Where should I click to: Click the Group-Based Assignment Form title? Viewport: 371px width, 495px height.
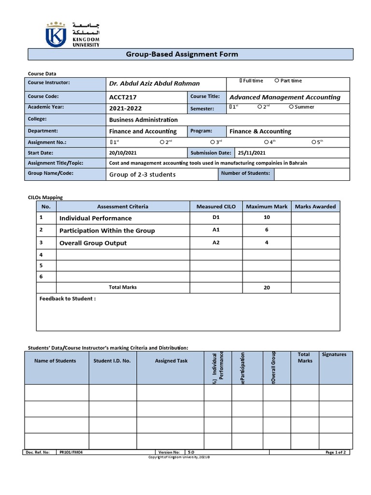[182, 54]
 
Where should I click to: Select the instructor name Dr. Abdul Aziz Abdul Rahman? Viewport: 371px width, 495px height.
[154, 83]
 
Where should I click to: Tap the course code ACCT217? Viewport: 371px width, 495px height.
[123, 97]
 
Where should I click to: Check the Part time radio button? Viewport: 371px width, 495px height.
[277, 81]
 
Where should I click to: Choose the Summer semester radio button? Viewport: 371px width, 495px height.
[291, 107]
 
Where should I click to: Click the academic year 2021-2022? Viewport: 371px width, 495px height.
[126, 109]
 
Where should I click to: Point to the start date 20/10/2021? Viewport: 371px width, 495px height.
[124, 153]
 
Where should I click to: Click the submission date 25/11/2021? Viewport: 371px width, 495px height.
[252, 153]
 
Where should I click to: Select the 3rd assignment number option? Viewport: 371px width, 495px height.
[213, 142]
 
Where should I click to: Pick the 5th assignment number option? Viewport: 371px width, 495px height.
[314, 142]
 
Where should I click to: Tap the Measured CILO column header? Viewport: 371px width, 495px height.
[216, 206]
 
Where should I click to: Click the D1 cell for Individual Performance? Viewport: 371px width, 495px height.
[216, 218]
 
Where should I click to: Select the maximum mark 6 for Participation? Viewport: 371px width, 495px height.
[267, 231]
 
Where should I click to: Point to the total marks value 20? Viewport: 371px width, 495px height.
[267, 288]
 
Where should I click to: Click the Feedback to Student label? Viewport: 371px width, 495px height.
[67, 299]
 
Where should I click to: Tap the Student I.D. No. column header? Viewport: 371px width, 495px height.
[113, 361]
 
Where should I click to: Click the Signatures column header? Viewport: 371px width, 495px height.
[334, 354]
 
